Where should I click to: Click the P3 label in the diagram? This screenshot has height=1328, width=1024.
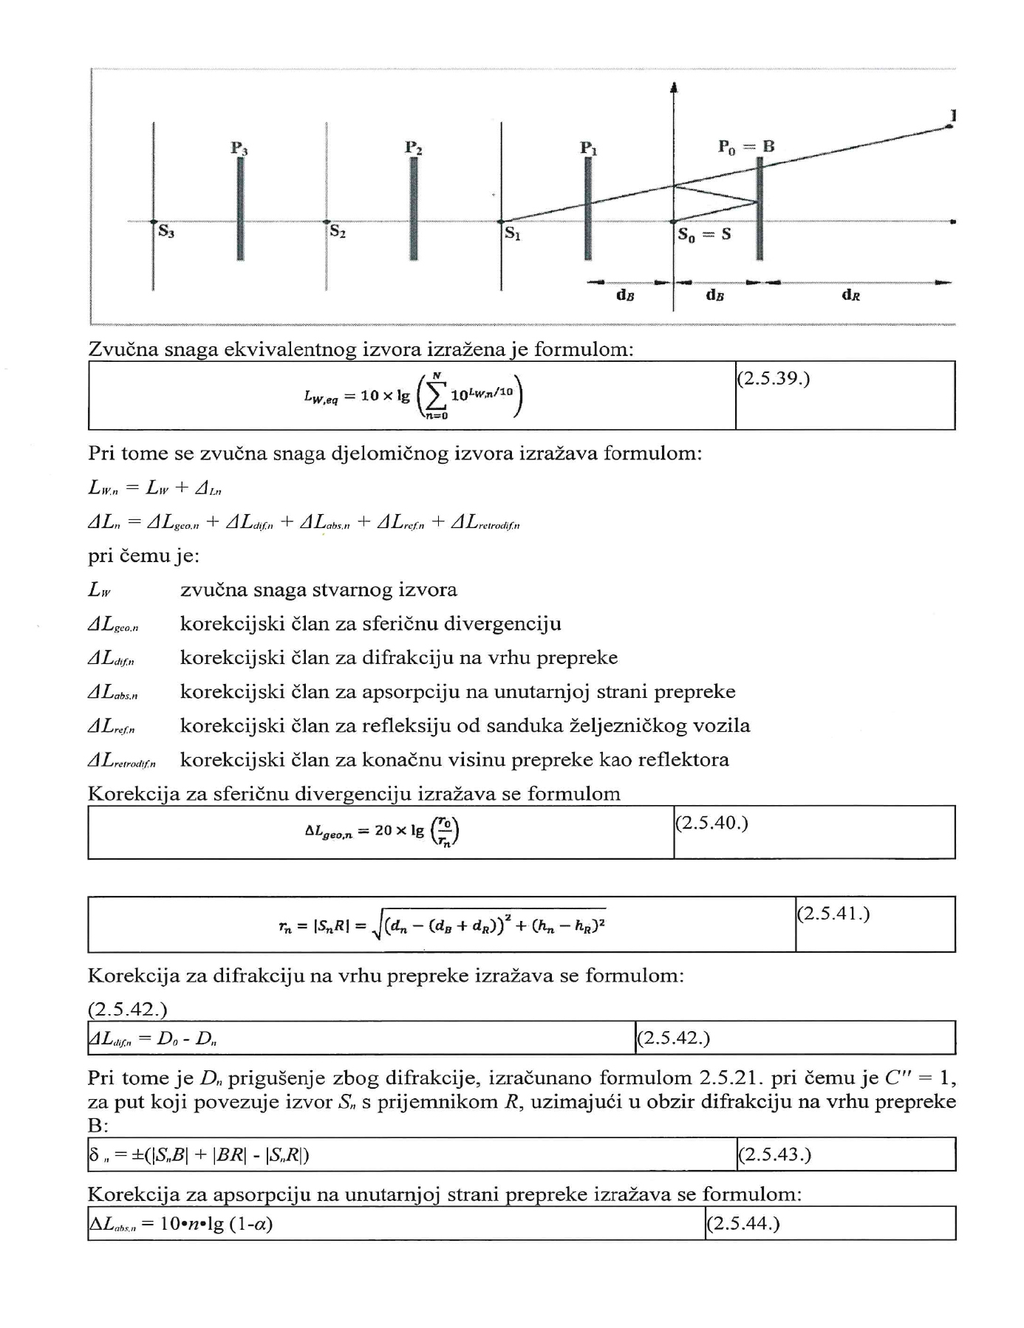pyautogui.click(x=239, y=148)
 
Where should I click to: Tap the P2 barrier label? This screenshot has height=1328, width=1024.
pyautogui.click(x=414, y=148)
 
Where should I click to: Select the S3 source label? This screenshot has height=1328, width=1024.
pyautogui.click(x=165, y=233)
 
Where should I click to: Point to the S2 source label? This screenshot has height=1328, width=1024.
pyautogui.click(x=338, y=232)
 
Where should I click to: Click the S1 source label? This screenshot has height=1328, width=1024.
pyautogui.click(x=512, y=233)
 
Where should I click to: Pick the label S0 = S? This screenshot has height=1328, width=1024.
pyautogui.click(x=704, y=236)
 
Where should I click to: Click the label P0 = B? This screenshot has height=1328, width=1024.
pyautogui.click(x=746, y=146)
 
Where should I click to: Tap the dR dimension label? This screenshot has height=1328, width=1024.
pyautogui.click(x=851, y=295)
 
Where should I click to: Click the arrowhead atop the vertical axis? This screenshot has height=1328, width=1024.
pyautogui.click(x=673, y=88)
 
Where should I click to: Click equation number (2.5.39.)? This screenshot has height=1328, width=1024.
pyautogui.click(x=774, y=379)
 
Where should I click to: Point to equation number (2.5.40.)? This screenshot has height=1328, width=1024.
pyautogui.click(x=711, y=823)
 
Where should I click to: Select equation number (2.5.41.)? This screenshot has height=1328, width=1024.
pyautogui.click(x=833, y=914)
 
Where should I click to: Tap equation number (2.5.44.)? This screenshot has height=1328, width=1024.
pyautogui.click(x=743, y=1224)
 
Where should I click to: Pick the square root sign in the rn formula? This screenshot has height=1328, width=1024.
pyautogui.click(x=377, y=925)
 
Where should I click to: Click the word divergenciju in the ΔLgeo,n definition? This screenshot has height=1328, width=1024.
pyautogui.click(x=502, y=624)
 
